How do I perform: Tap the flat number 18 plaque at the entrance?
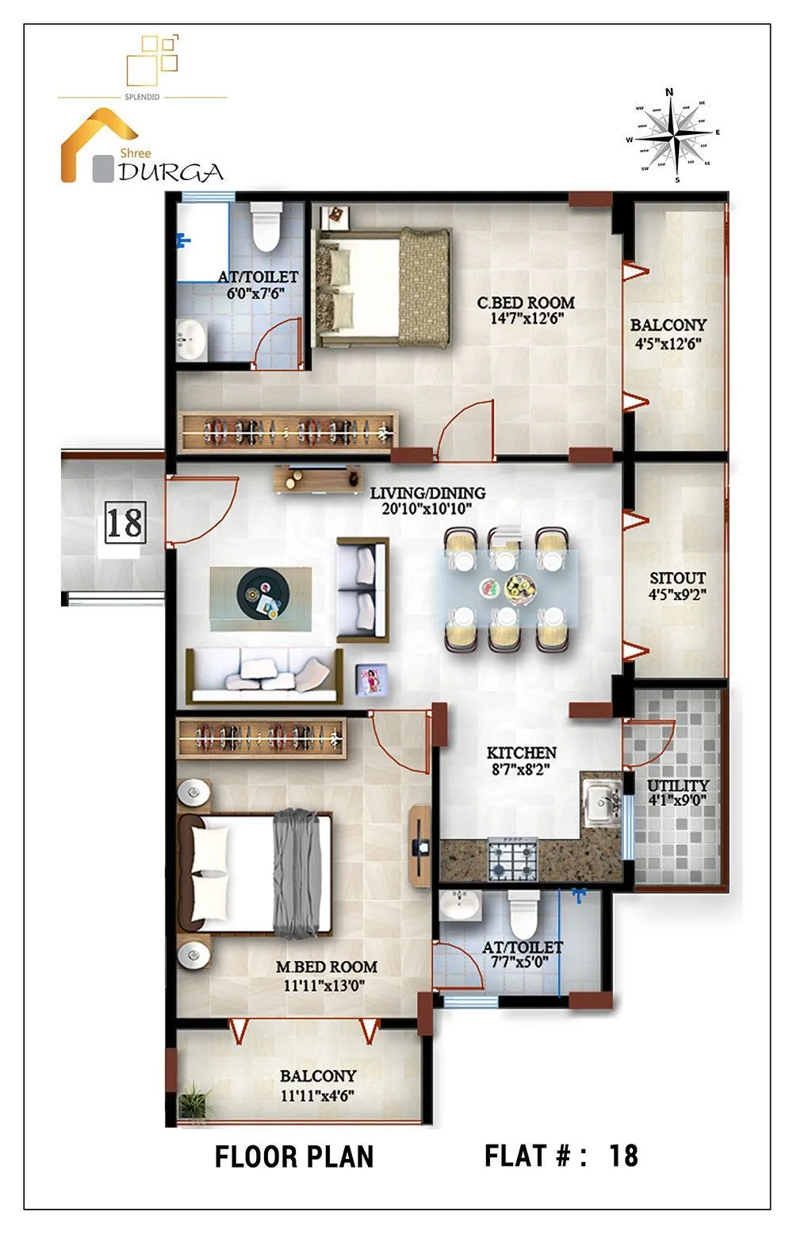pyautogui.click(x=125, y=523)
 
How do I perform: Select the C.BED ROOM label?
pyautogui.click(x=526, y=302)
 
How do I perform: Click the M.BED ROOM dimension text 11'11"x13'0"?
pyautogui.click(x=325, y=986)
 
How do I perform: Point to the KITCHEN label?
pyautogui.click(x=521, y=752)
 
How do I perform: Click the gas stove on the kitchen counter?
pyautogui.click(x=512, y=860)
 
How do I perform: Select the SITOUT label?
pyautogui.click(x=677, y=578)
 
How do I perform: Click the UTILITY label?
pyautogui.click(x=678, y=785)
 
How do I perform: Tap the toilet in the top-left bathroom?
pyautogui.click(x=266, y=227)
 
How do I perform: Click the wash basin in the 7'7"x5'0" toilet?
pyautogui.click(x=460, y=904)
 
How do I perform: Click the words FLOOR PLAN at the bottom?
pyautogui.click(x=293, y=1156)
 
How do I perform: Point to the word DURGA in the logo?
pyautogui.click(x=170, y=172)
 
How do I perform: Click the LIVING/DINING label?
pyautogui.click(x=427, y=493)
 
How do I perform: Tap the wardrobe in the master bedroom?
pyautogui.click(x=260, y=738)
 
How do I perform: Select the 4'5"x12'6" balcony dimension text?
pyautogui.click(x=668, y=344)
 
